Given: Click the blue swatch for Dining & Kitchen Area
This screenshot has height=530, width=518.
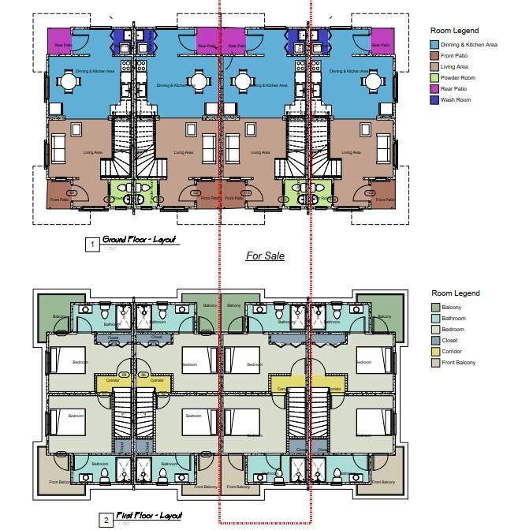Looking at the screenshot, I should [434, 46].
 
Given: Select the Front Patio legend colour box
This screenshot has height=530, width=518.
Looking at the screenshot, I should [434, 57].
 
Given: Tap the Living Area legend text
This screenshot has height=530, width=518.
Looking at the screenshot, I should [460, 68].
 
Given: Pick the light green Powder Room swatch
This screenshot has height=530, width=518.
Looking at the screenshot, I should [434, 79].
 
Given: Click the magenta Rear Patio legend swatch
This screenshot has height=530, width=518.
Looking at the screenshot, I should [434, 90].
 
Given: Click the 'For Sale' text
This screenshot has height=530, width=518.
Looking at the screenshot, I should [265, 256].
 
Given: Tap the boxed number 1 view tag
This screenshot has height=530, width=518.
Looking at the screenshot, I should [92, 245].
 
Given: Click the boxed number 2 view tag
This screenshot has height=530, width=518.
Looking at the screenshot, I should [105, 521].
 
